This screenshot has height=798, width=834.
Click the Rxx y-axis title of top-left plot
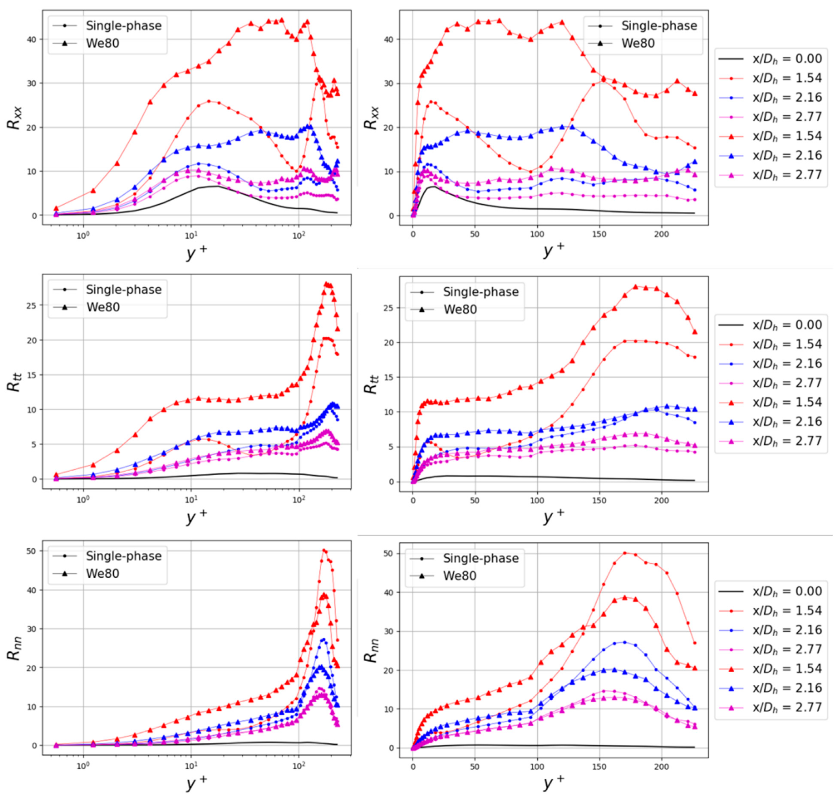(14, 118)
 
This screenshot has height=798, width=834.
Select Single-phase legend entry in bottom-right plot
(481, 558)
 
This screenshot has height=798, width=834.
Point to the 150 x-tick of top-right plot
(599, 234)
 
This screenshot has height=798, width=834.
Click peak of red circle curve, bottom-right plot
(625, 553)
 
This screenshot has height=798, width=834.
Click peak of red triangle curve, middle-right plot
(635, 287)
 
